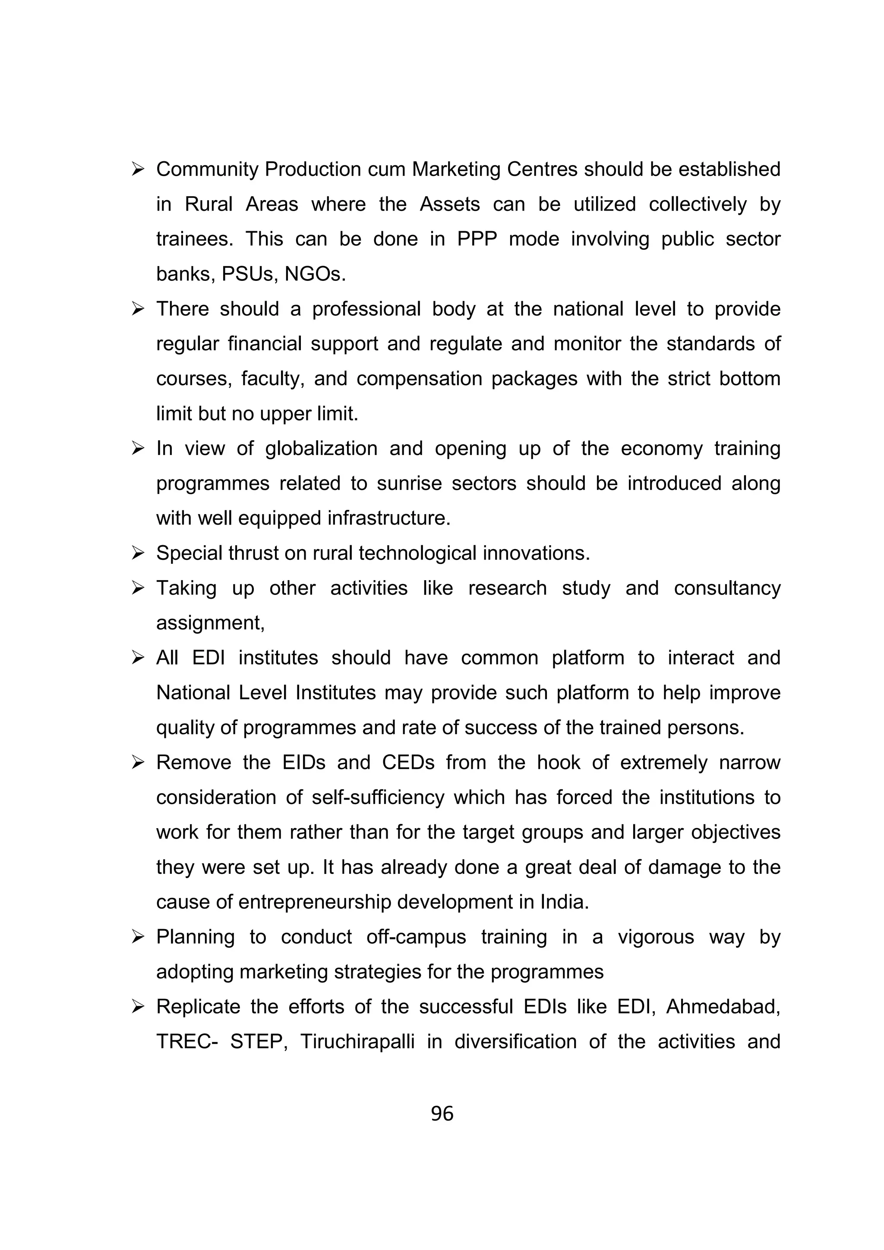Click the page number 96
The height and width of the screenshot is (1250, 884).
pyautogui.click(x=442, y=1113)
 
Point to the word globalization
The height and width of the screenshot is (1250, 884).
pyautogui.click(x=321, y=449)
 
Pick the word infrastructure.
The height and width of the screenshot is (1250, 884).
pyautogui.click(x=389, y=518)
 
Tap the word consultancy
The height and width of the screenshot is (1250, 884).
pyautogui.click(x=727, y=588)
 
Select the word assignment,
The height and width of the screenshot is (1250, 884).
pyautogui.click(x=210, y=623)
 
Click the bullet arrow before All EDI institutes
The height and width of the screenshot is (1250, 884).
pyautogui.click(x=137, y=658)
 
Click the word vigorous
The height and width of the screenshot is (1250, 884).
pyautogui.click(x=655, y=937)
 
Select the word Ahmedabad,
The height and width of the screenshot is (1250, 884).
pyautogui.click(x=723, y=1007)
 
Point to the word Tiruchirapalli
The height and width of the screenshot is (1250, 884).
pyautogui.click(x=357, y=1042)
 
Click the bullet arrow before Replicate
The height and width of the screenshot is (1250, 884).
pyautogui.click(x=137, y=1007)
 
